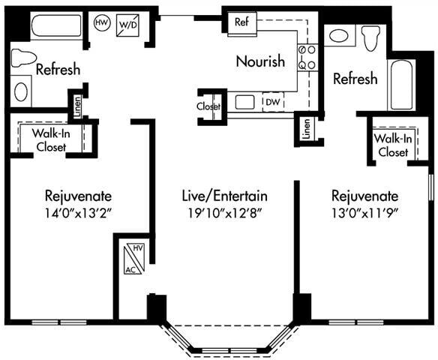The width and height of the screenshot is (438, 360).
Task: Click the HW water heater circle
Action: (101, 23)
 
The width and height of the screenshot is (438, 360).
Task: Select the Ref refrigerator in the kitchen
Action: (241, 21)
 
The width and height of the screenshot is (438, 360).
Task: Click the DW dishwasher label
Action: (271, 102)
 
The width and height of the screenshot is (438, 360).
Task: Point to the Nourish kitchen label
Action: (260, 61)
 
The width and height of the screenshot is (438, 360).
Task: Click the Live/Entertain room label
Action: (225, 196)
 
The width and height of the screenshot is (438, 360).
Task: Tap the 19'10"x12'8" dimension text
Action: (225, 212)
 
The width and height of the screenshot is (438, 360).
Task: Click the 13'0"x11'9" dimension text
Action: (365, 212)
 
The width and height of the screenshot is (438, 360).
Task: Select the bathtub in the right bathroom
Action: (400, 83)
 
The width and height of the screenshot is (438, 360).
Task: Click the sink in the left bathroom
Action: (21, 91)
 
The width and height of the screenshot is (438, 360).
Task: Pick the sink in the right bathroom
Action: (339, 35)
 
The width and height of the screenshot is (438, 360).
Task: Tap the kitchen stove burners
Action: (307, 57)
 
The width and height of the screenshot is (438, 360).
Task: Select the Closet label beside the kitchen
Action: (209, 106)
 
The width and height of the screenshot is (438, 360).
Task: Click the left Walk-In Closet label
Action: (51, 140)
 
